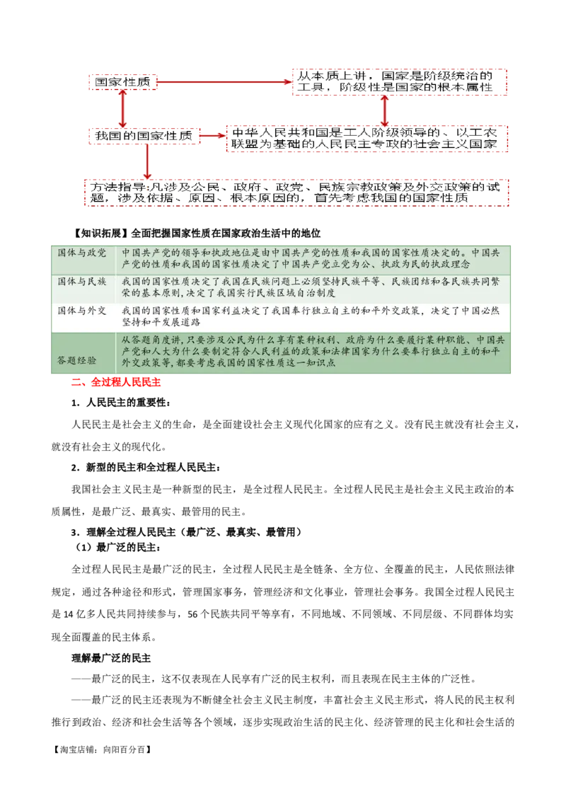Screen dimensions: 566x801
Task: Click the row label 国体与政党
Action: (x=82, y=253)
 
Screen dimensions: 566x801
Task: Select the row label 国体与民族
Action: (x=82, y=282)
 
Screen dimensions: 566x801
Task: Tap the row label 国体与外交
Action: (x=82, y=310)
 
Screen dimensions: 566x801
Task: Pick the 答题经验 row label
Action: (x=77, y=359)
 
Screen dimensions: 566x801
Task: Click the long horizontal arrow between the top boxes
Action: (x=224, y=83)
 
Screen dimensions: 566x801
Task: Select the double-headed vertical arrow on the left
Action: (x=124, y=108)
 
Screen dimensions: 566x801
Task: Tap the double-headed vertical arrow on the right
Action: (x=384, y=110)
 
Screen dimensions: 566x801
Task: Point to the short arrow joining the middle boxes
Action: (x=212, y=135)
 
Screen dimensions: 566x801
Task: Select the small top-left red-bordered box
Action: (x=122, y=83)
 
